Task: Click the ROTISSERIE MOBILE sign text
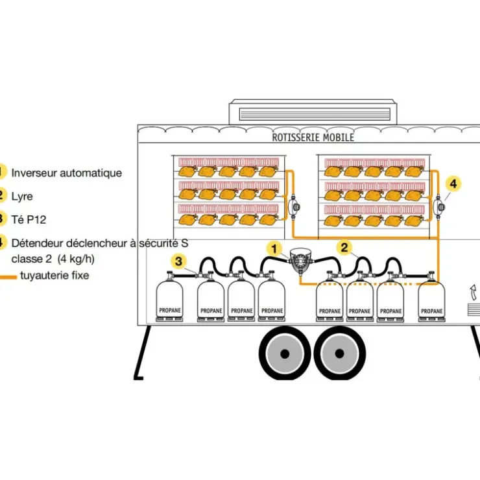[x=313, y=138]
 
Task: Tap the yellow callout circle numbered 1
[x=274, y=249]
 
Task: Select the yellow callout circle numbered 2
[x=344, y=247]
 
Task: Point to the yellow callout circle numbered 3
[x=178, y=261]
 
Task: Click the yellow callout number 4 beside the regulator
[x=453, y=184]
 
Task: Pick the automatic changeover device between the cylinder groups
[x=300, y=261]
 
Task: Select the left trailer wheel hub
[x=285, y=354]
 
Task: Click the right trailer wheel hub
[x=339, y=354]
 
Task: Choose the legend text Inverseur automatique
[x=66, y=173]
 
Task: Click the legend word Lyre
[x=22, y=197]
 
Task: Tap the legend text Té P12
[x=29, y=219]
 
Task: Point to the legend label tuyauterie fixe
[x=54, y=275]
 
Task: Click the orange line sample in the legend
[x=8, y=277]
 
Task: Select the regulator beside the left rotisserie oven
[x=294, y=207]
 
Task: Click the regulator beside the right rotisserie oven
[x=439, y=207]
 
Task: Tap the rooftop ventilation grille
[x=315, y=114]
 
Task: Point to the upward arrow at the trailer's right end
[x=474, y=292]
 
